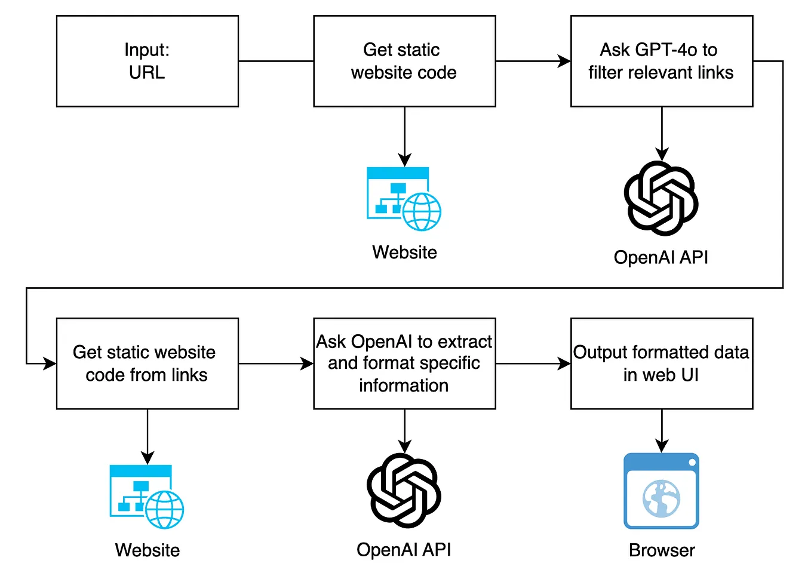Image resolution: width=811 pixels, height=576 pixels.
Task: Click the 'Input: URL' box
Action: (x=147, y=61)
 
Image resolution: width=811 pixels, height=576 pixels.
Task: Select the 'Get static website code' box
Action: (x=404, y=61)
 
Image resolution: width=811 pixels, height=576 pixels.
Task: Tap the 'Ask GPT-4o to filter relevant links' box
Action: (x=661, y=61)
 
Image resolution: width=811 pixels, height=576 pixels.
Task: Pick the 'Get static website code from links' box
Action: (x=147, y=363)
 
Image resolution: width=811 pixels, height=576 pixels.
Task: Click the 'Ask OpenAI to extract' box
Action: (x=404, y=363)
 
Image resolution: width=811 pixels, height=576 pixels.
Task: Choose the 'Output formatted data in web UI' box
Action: (x=661, y=363)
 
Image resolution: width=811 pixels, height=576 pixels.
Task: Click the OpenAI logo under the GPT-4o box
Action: (x=661, y=198)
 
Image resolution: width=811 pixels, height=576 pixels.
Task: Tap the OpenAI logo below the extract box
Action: (x=404, y=491)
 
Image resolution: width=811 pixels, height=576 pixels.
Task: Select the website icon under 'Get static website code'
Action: (x=404, y=199)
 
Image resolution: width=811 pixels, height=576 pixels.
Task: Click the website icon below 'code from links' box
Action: (x=147, y=497)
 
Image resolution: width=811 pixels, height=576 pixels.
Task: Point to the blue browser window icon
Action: (x=661, y=491)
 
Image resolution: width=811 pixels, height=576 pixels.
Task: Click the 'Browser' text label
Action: (x=661, y=550)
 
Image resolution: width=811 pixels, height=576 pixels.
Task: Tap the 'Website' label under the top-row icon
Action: (x=404, y=252)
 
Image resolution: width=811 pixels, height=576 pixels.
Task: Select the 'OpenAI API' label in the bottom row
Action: (x=404, y=549)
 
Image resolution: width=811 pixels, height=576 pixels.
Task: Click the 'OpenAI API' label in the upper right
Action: (x=661, y=257)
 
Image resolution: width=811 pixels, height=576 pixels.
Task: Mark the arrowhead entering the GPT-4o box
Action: (x=564, y=61)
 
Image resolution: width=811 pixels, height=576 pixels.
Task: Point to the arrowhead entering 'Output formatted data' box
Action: (x=564, y=363)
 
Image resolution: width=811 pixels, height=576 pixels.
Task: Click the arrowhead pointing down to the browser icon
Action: (x=662, y=446)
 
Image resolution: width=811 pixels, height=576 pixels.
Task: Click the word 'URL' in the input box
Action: (x=147, y=72)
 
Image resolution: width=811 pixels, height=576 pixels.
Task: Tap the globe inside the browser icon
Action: (x=661, y=498)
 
